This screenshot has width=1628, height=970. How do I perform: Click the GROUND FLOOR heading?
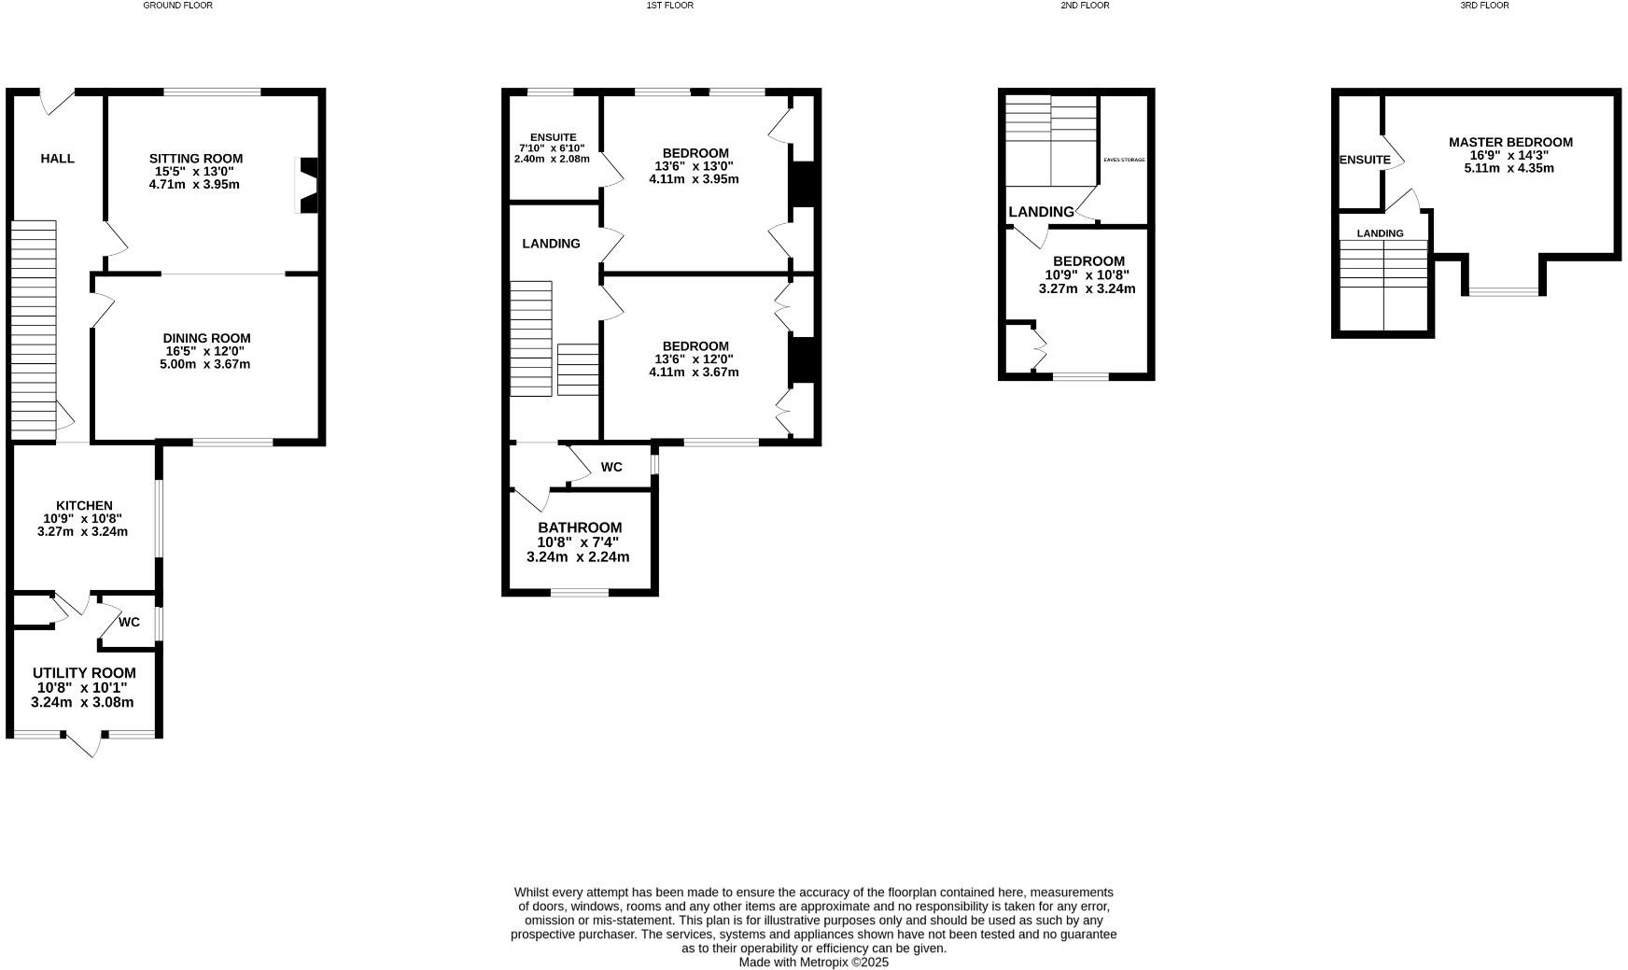click(x=177, y=6)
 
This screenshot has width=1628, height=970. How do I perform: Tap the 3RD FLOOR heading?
click(x=1484, y=6)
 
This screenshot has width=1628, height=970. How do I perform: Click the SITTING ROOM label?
click(x=196, y=159)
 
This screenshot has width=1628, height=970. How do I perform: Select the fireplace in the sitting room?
click(x=307, y=185)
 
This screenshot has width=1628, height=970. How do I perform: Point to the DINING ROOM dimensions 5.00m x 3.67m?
click(x=205, y=364)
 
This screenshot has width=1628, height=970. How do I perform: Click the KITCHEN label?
click(x=84, y=506)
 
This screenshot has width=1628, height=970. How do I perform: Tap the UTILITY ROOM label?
click(x=84, y=673)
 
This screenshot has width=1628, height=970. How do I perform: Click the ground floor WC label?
click(x=129, y=622)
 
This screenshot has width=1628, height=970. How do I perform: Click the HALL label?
click(x=57, y=159)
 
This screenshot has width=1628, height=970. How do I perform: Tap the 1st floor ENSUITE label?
click(x=553, y=137)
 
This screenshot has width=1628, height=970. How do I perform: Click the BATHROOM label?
click(x=579, y=527)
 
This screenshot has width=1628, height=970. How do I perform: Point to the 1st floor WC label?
click(x=611, y=467)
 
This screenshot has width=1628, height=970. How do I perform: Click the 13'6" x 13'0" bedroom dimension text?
click(x=694, y=166)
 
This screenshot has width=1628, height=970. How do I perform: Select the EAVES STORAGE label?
click(x=1123, y=160)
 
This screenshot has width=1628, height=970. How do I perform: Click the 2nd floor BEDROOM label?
click(x=1088, y=261)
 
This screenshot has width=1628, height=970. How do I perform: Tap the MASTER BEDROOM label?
click(x=1510, y=142)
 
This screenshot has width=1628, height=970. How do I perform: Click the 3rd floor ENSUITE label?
click(x=1365, y=160)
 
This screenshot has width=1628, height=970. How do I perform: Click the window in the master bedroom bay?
click(x=1502, y=292)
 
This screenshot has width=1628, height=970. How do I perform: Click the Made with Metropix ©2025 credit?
click(x=813, y=962)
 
